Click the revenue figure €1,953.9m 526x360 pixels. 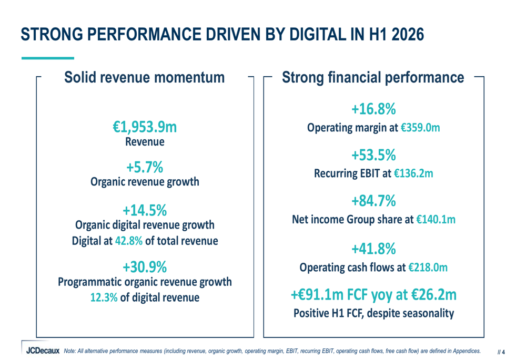click(145, 127)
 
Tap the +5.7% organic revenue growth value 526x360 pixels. click(145, 167)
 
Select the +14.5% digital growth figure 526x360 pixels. click(145, 211)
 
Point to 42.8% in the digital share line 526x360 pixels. click(129, 241)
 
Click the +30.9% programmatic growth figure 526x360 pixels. click(145, 267)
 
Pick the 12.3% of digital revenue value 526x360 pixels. click(104, 297)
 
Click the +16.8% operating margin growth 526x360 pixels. click(373, 109)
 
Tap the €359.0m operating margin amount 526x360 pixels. click(420, 128)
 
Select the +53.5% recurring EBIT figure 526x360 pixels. click(373, 155)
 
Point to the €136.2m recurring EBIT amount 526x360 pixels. click(413, 173)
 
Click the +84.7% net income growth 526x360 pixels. click(373, 201)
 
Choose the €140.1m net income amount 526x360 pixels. click(436, 220)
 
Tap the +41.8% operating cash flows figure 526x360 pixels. click(373, 249)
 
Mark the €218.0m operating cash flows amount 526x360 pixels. click(428, 268)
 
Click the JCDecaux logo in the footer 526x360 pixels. click(43, 351)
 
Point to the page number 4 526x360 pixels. click(503, 352)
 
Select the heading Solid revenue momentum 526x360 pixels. click(144, 77)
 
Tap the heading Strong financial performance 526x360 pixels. click(373, 77)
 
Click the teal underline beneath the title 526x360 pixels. click(48, 58)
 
